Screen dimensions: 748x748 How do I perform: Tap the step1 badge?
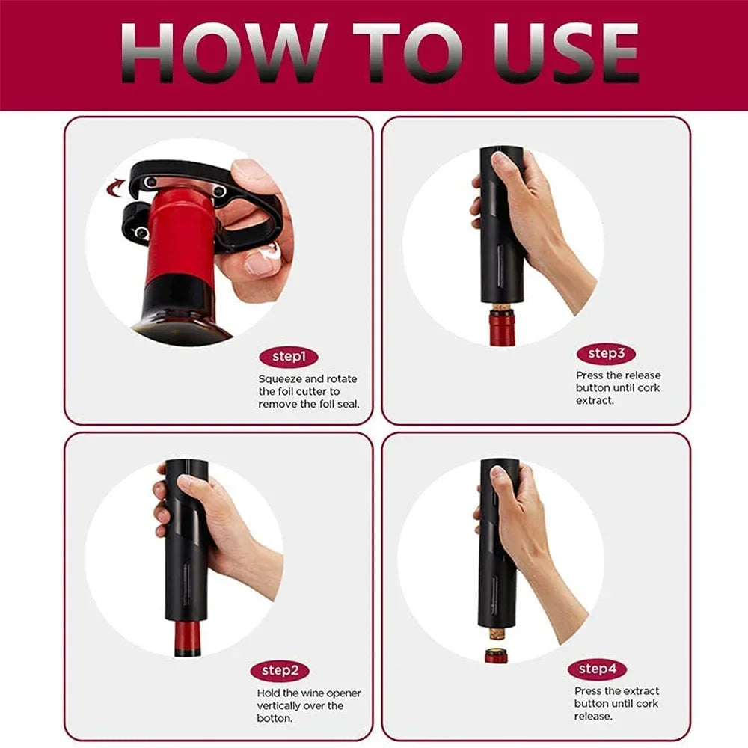[x=289, y=357]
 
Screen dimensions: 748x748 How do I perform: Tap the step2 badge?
[x=280, y=671]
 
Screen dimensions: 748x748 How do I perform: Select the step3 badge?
[x=606, y=353]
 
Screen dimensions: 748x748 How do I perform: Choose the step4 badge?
[x=597, y=668]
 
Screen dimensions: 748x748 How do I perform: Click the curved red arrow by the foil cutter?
[x=116, y=185]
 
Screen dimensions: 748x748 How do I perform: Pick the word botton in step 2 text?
[x=275, y=718]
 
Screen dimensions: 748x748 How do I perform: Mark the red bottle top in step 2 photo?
[x=187, y=640]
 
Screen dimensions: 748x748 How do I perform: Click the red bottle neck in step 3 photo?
[x=501, y=329]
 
